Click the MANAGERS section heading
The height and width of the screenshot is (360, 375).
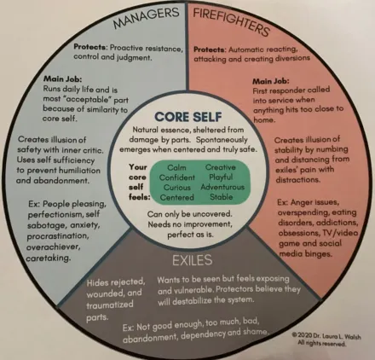click(x=146, y=18)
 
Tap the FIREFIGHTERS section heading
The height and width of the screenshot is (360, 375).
click(x=231, y=21)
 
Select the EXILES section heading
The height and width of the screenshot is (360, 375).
click(x=193, y=260)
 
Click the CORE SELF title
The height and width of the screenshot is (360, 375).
click(x=188, y=117)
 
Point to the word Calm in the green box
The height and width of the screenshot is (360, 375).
click(x=176, y=167)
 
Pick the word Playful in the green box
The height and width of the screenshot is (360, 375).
click(x=221, y=177)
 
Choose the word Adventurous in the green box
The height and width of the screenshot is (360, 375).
click(x=222, y=187)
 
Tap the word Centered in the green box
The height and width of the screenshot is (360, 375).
click(x=176, y=197)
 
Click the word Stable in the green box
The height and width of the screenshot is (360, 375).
click(x=222, y=197)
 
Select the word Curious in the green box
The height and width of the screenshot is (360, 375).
click(x=177, y=188)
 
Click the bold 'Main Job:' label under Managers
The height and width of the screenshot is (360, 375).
click(x=62, y=78)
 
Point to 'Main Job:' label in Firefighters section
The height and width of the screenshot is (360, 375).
click(x=271, y=81)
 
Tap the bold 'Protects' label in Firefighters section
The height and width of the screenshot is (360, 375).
click(x=210, y=49)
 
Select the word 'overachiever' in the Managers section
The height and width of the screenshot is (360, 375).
click(x=53, y=247)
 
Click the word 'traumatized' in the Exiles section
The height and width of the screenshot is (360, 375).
click(x=110, y=305)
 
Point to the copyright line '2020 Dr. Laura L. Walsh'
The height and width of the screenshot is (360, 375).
click(x=326, y=336)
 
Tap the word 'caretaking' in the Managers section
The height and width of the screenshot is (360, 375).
click(x=48, y=258)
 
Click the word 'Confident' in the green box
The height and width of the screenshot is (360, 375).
click(x=177, y=177)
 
